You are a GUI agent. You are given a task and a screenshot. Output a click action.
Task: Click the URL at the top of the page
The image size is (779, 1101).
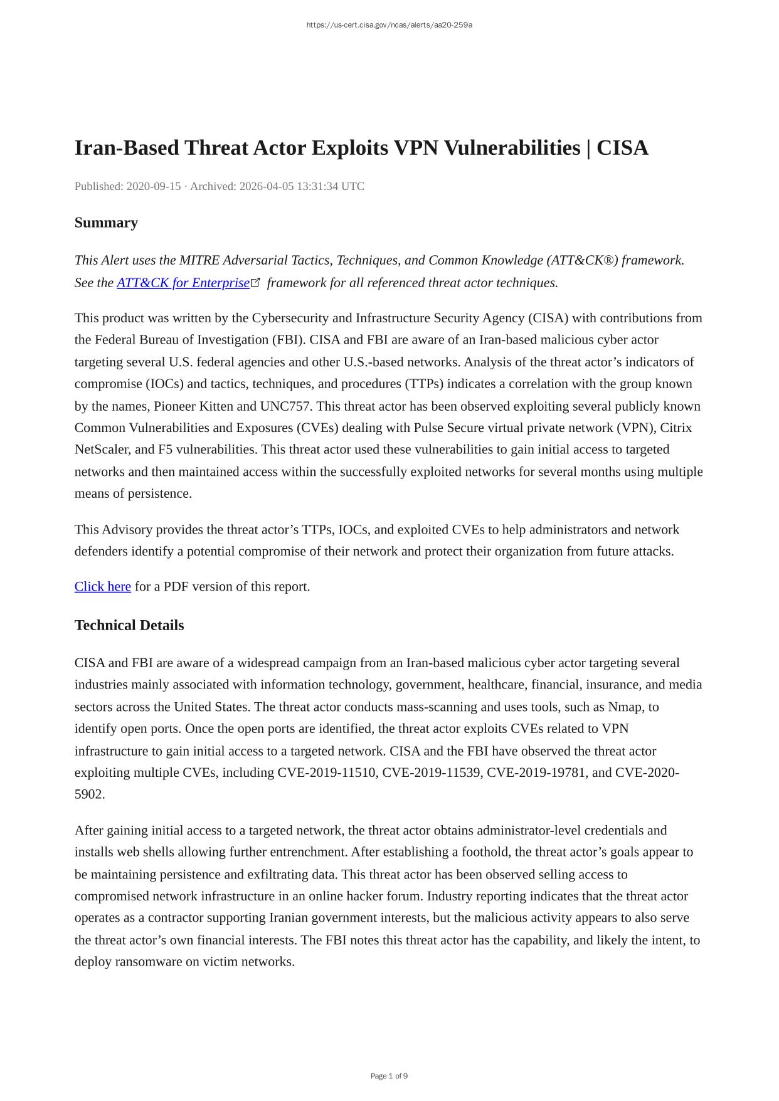(x=389, y=25)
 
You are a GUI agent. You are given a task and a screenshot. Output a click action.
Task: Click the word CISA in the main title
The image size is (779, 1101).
(x=622, y=148)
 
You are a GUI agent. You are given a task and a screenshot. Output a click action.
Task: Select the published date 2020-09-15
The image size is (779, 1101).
(x=154, y=186)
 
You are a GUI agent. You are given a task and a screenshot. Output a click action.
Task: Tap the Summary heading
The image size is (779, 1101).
(x=106, y=223)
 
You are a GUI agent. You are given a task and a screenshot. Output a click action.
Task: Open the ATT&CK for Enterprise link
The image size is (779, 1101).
(x=183, y=283)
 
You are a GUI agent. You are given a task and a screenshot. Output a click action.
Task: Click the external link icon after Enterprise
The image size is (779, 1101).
(x=255, y=282)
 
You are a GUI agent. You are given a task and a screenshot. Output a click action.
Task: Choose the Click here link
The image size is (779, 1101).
(x=103, y=586)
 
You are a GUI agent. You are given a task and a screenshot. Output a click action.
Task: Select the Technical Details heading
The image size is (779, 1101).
(x=129, y=625)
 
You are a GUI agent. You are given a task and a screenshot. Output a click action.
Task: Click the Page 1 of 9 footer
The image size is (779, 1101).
(x=389, y=1077)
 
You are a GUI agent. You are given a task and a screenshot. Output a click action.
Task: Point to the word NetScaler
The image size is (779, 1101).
(x=102, y=450)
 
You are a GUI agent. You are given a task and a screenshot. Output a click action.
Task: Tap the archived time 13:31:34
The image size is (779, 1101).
(x=316, y=186)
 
